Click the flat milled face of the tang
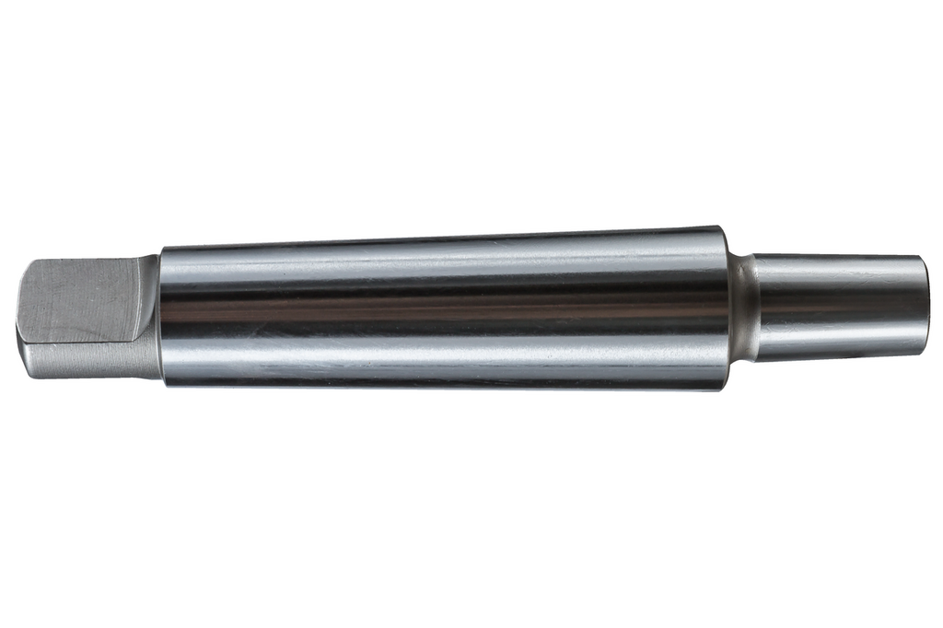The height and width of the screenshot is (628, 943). (x=78, y=299)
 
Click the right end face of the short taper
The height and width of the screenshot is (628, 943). (x=921, y=307)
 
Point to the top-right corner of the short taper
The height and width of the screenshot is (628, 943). (x=917, y=257)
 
